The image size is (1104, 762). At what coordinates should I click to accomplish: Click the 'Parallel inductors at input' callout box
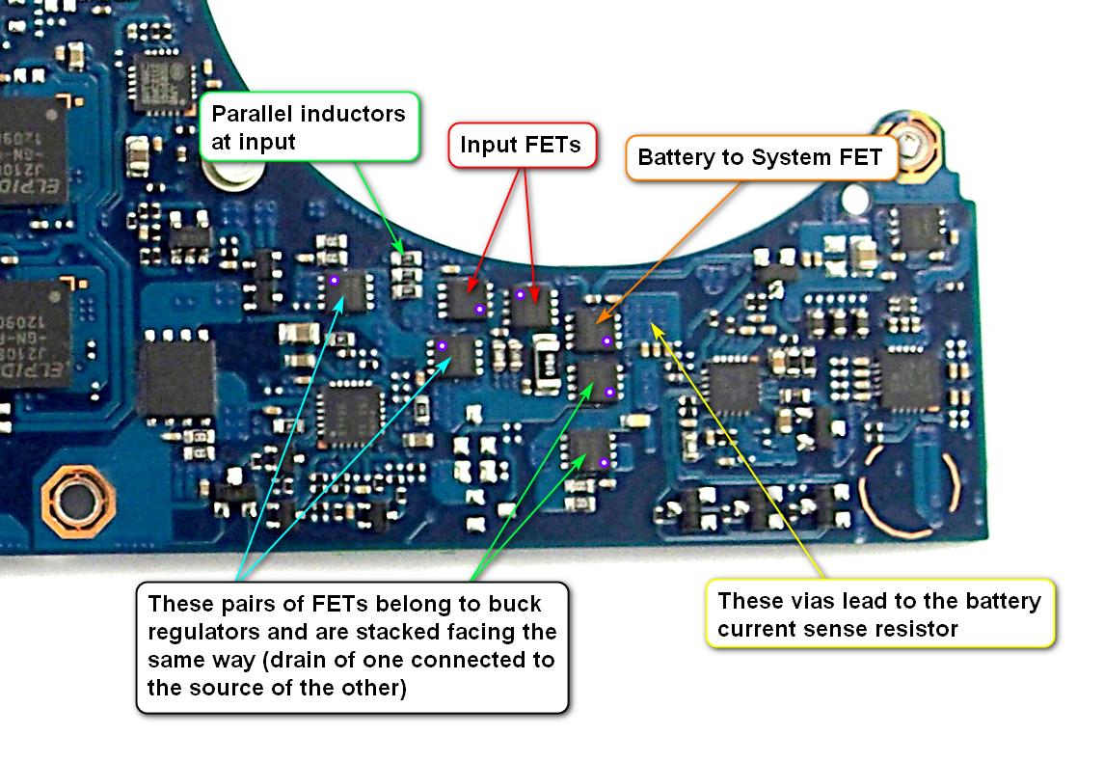tap(310, 126)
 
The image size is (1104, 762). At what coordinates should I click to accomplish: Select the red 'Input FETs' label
tap(520, 145)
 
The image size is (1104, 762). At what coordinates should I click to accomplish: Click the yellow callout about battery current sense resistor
tap(880, 614)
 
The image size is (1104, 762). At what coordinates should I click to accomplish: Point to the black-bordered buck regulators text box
tap(353, 646)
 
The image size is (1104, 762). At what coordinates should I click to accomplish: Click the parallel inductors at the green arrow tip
tap(408, 276)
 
